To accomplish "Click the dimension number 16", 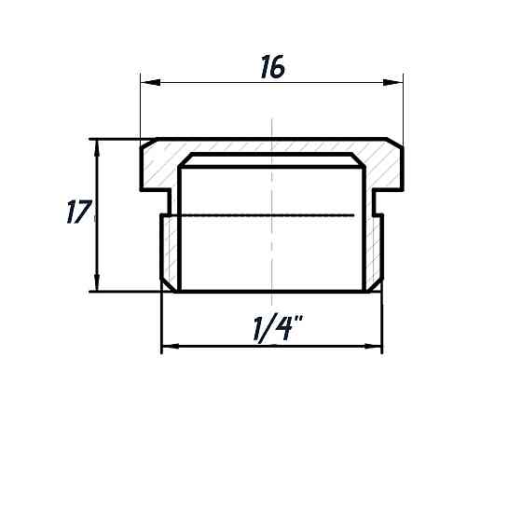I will pyautogui.click(x=271, y=67).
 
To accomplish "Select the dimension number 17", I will pyautogui.click(x=78, y=213).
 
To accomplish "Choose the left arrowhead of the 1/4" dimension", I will pyautogui.click(x=169, y=349).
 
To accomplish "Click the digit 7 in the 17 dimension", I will pyautogui.click(x=83, y=213).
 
